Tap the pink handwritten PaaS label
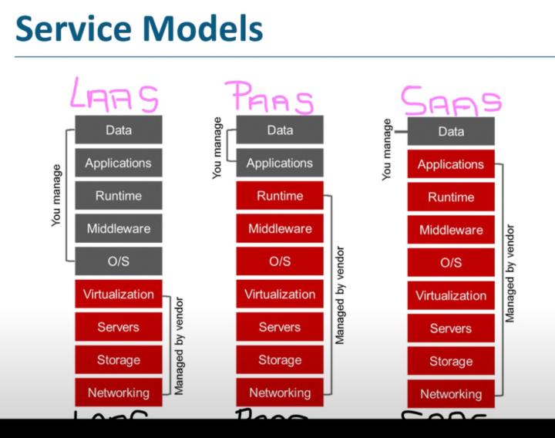click(x=270, y=99)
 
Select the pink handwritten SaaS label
click(x=450, y=100)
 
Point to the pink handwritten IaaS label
click(x=114, y=96)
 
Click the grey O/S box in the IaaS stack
click(x=119, y=261)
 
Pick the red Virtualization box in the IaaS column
click(x=119, y=294)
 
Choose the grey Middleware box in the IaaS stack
click(x=119, y=228)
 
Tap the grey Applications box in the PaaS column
click(x=280, y=163)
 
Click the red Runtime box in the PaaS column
click(x=280, y=196)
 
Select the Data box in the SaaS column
click(x=451, y=132)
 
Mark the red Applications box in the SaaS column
click(x=451, y=164)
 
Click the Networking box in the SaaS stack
click(x=451, y=394)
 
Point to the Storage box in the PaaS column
click(x=280, y=360)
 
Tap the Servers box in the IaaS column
click(x=119, y=327)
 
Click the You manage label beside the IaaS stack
click(x=56, y=195)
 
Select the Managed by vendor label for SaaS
click(x=510, y=273)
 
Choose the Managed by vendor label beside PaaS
click(x=340, y=295)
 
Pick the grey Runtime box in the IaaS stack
click(x=119, y=196)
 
